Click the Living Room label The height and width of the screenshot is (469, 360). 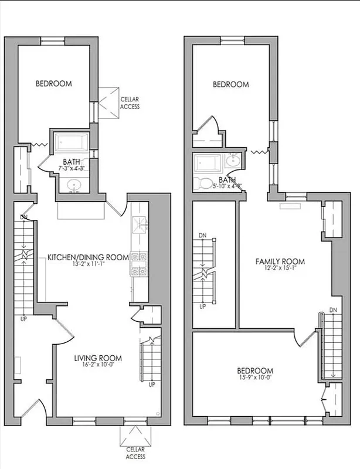(x=98, y=358)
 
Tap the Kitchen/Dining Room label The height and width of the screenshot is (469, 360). (x=88, y=257)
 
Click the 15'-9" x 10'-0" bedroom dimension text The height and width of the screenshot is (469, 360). (x=255, y=379)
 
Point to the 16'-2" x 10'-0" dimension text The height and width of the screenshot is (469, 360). (x=98, y=366)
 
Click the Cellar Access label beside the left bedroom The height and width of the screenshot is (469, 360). (x=130, y=103)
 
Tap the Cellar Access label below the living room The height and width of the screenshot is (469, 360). (x=135, y=453)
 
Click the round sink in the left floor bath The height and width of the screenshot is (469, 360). (x=75, y=185)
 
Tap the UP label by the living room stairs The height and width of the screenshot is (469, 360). (x=152, y=385)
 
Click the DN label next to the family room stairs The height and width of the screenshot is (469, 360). (x=333, y=310)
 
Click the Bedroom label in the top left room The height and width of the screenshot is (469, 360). (x=54, y=84)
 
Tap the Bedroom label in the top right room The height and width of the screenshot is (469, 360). (x=230, y=84)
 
